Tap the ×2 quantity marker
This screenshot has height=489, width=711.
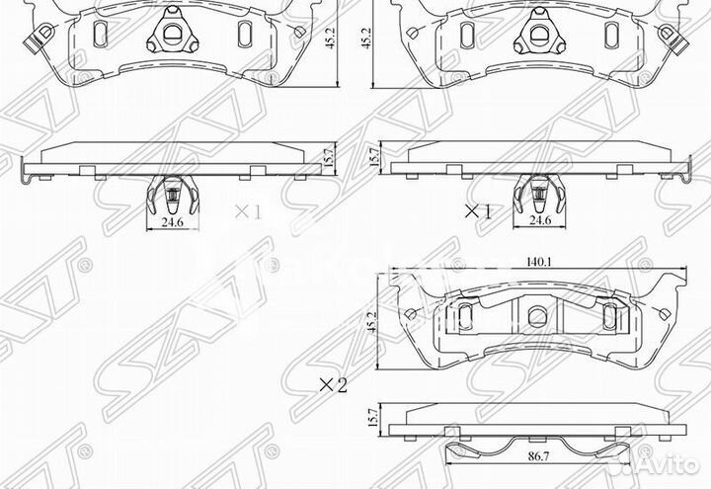pyautogui.click(x=333, y=385)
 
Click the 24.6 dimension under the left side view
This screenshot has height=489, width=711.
pyautogui.click(x=173, y=223)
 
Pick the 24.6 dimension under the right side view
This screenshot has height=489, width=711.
pyautogui.click(x=539, y=221)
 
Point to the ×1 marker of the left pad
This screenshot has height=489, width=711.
pyautogui.click(x=246, y=210)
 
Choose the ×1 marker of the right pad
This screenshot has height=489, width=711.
pyautogui.click(x=478, y=210)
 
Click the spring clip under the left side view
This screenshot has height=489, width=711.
pyautogui.click(x=173, y=196)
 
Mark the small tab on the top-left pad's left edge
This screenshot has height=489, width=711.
pyautogui.click(x=39, y=41)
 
